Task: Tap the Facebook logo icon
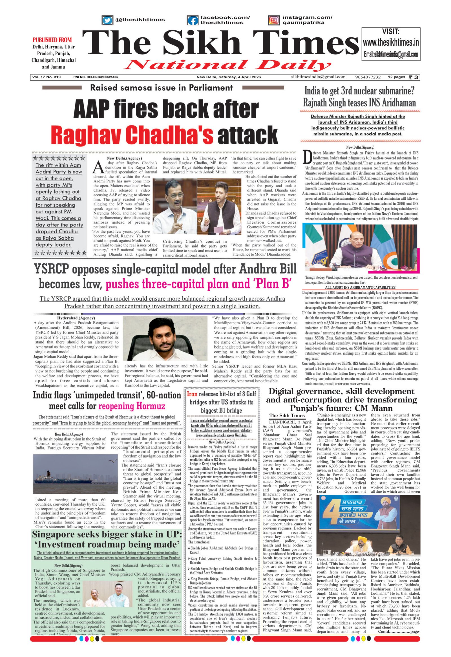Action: [193, 21]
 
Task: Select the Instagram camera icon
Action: [273, 20]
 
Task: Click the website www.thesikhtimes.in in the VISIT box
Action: [391, 43]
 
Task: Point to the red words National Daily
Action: [227, 65]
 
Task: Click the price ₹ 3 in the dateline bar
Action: [414, 77]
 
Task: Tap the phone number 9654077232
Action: [368, 77]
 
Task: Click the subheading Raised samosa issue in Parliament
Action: [161, 88]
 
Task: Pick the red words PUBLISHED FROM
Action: [52, 40]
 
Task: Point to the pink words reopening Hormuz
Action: [132, 407]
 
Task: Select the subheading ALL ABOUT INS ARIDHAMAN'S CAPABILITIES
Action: [360, 287]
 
